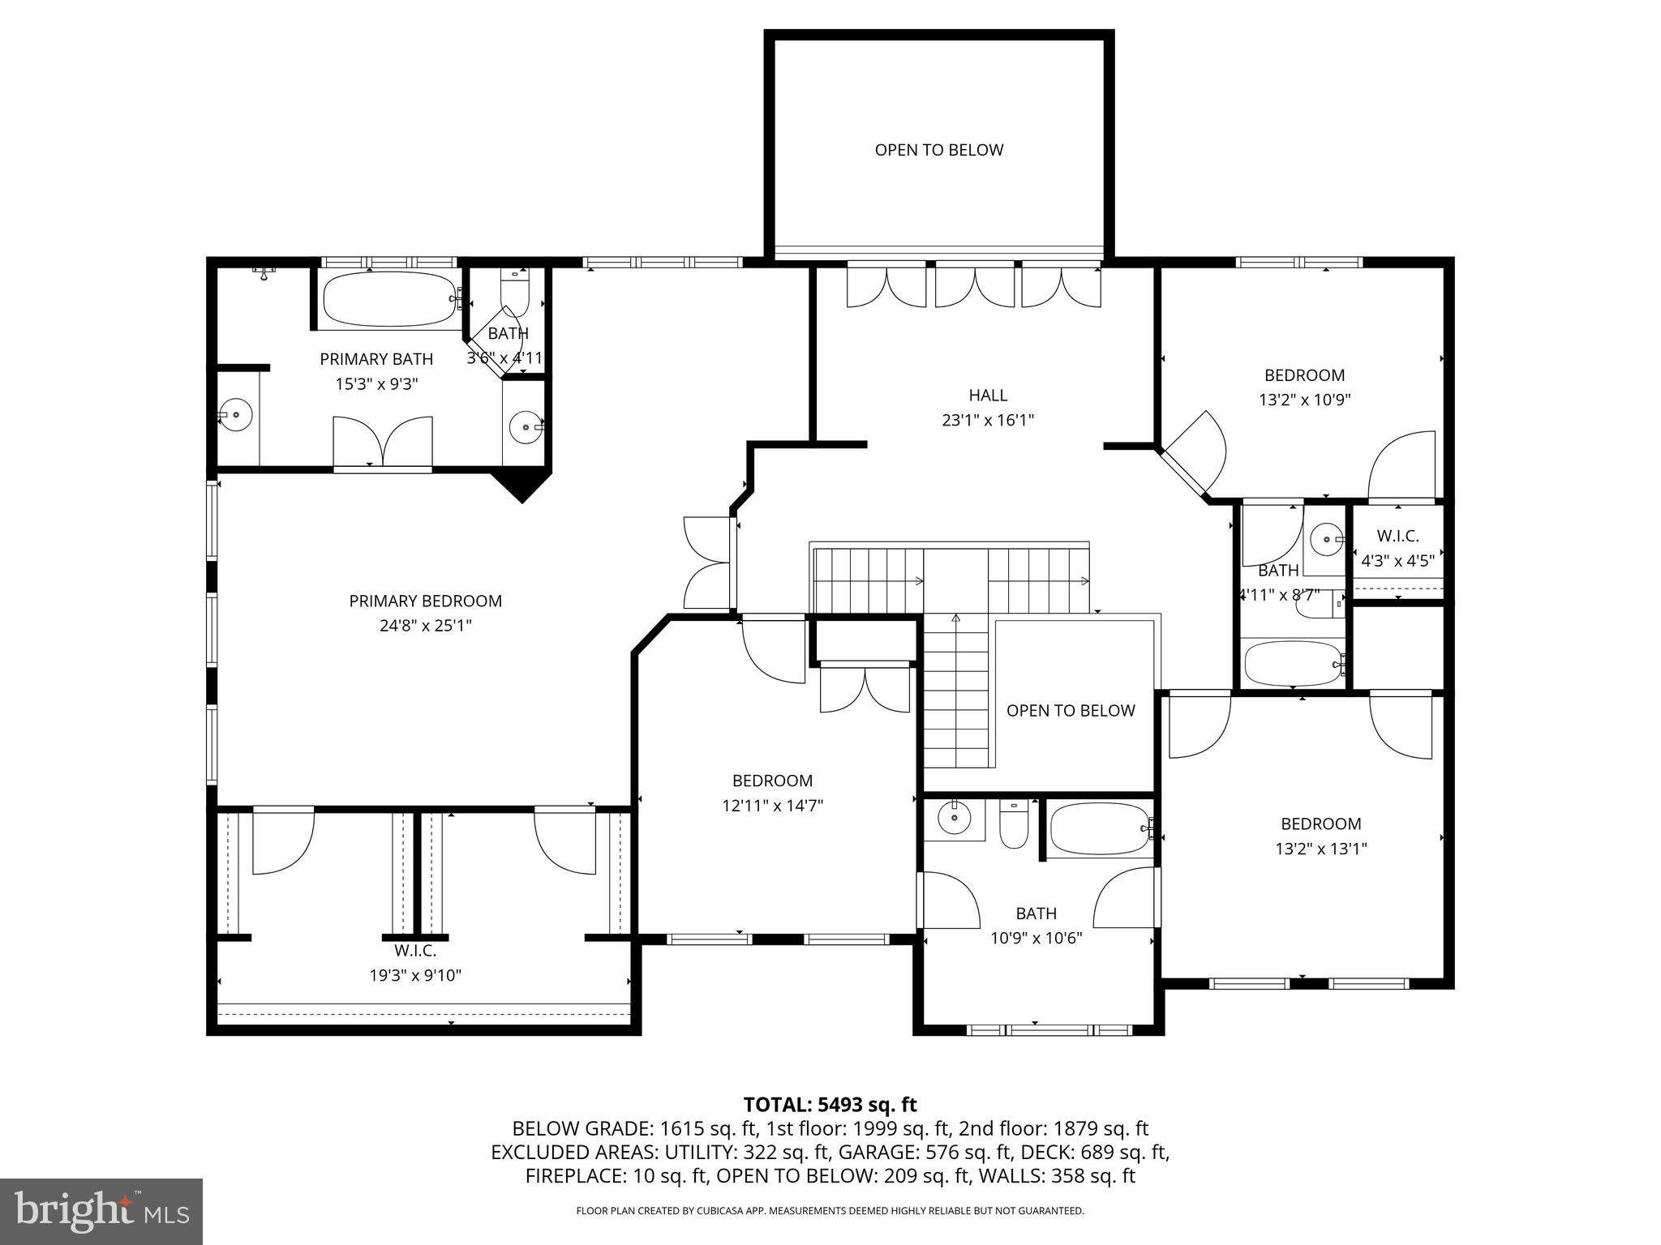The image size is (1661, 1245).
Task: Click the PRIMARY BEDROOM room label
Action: [425, 601]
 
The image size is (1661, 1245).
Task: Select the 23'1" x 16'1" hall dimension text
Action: [987, 420]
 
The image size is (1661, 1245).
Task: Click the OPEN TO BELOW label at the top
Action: [938, 150]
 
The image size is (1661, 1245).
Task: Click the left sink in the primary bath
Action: [235, 415]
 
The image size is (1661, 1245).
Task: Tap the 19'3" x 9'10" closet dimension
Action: [415, 975]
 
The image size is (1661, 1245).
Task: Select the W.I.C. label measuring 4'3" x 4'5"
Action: [1397, 536]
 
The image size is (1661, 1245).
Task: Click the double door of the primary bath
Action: [383, 443]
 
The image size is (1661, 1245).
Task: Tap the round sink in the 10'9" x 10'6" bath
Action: [954, 818]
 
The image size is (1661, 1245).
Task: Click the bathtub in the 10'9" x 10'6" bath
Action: [1098, 828]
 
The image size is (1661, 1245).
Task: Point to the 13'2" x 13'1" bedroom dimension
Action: [1320, 849]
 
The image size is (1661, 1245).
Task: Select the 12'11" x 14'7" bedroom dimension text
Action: [772, 806]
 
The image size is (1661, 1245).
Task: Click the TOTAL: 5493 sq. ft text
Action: [830, 1104]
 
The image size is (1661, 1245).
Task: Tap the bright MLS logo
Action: [101, 1211]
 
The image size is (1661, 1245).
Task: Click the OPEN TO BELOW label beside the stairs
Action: [1070, 711]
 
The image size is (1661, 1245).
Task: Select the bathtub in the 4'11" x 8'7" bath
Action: [1291, 665]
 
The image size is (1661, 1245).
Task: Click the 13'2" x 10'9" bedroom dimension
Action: [1304, 400]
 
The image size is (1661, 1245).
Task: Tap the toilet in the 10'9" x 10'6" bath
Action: [1014, 825]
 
